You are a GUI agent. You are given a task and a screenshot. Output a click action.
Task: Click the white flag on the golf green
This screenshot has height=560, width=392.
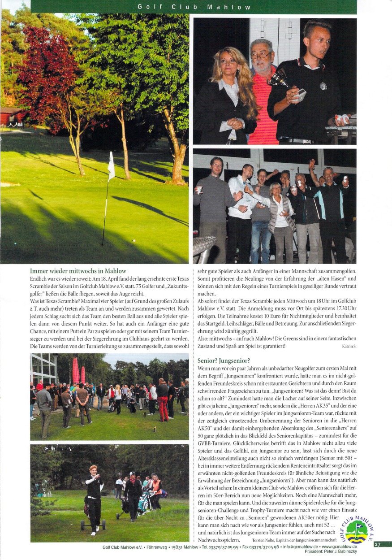[x=111, y=166]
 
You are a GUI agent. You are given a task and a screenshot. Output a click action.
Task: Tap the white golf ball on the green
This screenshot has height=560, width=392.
[x=133, y=240]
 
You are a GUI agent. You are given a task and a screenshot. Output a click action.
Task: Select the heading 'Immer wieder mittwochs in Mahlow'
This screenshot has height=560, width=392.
[x=78, y=271]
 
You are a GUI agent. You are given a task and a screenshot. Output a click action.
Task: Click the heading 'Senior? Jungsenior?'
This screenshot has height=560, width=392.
[x=224, y=360]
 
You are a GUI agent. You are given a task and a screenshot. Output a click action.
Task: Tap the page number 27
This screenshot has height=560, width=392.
[x=377, y=544]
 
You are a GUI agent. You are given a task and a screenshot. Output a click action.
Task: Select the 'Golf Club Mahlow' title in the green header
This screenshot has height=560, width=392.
[x=194, y=7]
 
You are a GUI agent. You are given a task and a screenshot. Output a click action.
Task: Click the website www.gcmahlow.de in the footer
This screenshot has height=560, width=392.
[x=339, y=547]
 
